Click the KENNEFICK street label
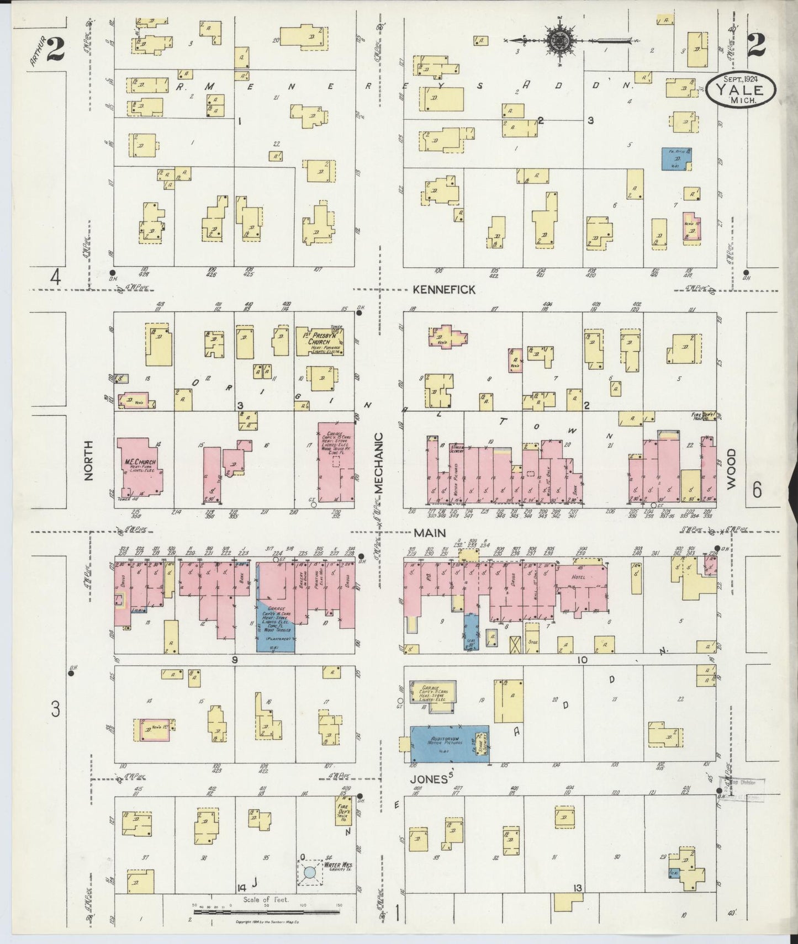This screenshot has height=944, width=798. pos(443,289)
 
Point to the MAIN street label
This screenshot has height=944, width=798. pos(429,533)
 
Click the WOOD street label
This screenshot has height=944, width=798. pos(732,468)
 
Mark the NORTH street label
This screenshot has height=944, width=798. pos(89,461)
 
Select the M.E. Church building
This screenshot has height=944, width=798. pos(140,465)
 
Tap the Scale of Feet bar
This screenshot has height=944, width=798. pos(267,911)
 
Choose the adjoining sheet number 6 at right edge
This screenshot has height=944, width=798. pos(757,490)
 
